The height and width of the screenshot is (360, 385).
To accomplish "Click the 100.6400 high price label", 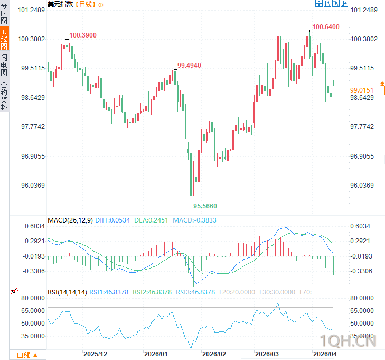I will point(325,26).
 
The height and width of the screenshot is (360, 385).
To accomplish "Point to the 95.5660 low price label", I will point(205,206).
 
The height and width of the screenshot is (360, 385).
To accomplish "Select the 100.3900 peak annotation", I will point(83,35).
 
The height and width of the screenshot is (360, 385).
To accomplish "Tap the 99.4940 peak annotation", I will point(189,65).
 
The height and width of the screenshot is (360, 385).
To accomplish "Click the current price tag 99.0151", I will point(361,91).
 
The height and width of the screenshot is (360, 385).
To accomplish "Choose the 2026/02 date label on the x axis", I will point(214,353).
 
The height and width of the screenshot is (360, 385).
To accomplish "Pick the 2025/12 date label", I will point(96,353).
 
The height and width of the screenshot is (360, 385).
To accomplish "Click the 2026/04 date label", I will point(325,353).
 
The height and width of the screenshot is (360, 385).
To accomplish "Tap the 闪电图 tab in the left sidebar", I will point(4,65).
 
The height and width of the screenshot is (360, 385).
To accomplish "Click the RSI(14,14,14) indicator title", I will point(67,292).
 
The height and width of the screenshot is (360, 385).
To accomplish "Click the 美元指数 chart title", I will point(60,4).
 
